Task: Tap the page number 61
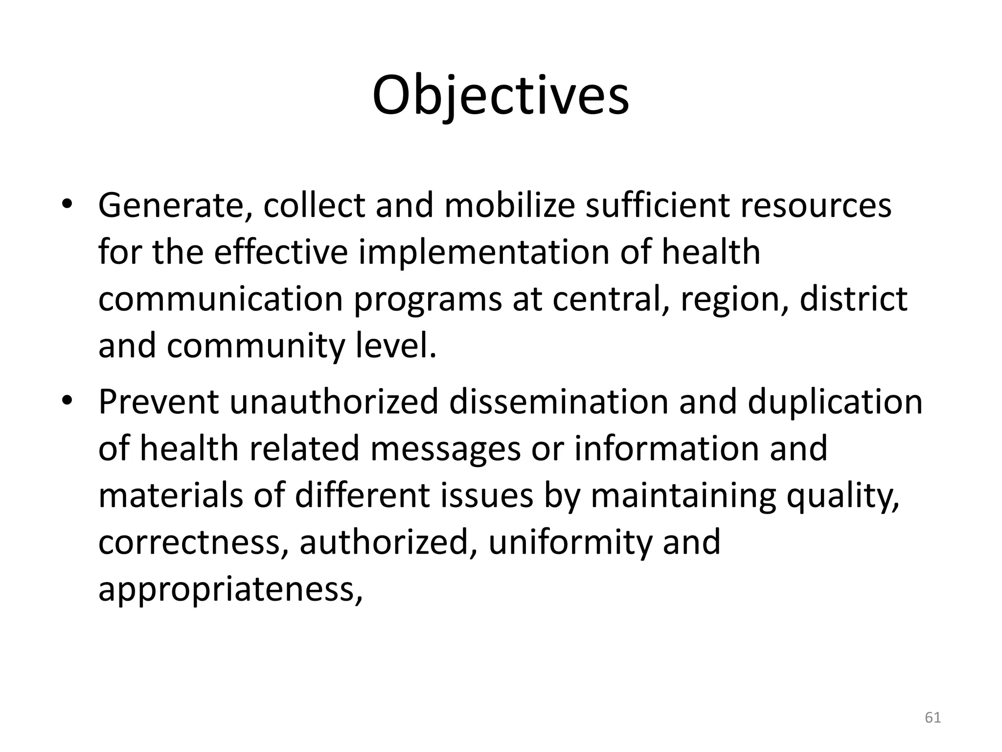933,718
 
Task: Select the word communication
221,299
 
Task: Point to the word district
853,299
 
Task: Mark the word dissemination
558,402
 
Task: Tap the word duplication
835,402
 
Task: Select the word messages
445,449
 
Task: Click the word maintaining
683,496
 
